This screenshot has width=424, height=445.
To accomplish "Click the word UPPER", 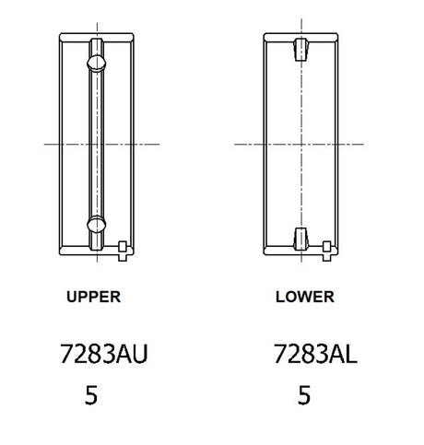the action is (93, 297).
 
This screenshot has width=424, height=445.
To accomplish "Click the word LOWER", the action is (305, 297).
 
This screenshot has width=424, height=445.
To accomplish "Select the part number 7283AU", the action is (104, 354).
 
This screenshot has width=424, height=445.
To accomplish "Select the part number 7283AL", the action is (315, 354).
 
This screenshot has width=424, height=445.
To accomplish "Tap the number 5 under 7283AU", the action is (91, 395).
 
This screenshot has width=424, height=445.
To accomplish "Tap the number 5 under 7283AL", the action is (304, 395).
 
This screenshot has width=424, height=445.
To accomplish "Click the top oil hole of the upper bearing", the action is (97, 64).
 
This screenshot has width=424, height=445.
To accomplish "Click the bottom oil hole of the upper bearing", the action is (97, 224).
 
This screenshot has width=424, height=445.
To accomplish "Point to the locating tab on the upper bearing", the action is (123, 252).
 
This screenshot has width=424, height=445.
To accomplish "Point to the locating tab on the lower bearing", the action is (326, 252).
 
